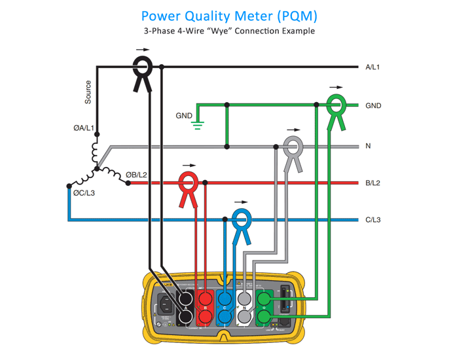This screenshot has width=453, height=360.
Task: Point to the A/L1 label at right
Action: click(x=374, y=67)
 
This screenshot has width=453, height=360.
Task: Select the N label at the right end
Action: click(x=369, y=146)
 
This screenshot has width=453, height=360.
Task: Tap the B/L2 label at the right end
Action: click(x=374, y=183)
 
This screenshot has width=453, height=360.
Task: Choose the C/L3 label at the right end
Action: click(x=375, y=220)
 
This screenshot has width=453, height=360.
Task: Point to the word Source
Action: click(x=88, y=92)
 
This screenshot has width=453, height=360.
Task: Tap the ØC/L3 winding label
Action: click(x=85, y=192)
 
